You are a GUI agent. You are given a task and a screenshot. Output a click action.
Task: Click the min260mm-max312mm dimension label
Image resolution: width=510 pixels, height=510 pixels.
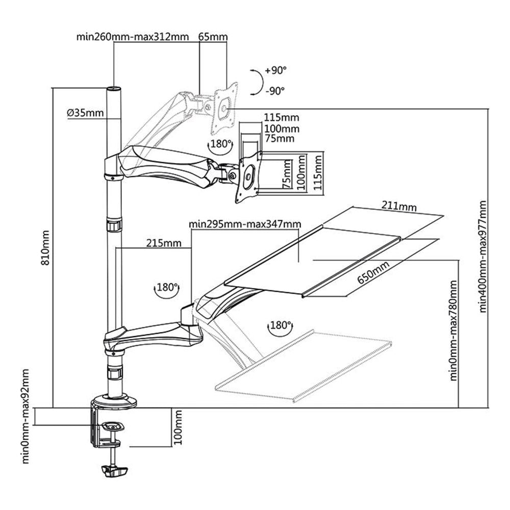[x=133, y=37]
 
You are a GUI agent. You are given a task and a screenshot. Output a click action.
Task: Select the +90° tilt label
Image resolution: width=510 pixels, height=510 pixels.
[x=276, y=70]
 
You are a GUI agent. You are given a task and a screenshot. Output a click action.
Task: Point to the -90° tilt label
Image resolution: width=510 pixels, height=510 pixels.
[x=275, y=91]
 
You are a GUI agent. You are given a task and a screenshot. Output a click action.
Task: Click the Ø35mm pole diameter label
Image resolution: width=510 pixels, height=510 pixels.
[x=85, y=113]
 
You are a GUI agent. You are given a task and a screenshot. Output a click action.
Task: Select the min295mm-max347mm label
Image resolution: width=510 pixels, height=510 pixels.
[x=244, y=224]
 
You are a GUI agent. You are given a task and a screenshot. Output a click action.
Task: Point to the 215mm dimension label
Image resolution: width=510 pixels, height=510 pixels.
[x=164, y=243]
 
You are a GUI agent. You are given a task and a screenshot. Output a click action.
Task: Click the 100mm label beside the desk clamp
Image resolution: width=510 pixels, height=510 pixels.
[x=178, y=427]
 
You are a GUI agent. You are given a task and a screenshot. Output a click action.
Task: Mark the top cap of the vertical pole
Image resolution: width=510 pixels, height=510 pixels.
[x=114, y=90]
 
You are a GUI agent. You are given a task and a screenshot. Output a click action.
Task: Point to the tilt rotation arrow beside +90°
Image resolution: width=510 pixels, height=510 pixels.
[x=258, y=81]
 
